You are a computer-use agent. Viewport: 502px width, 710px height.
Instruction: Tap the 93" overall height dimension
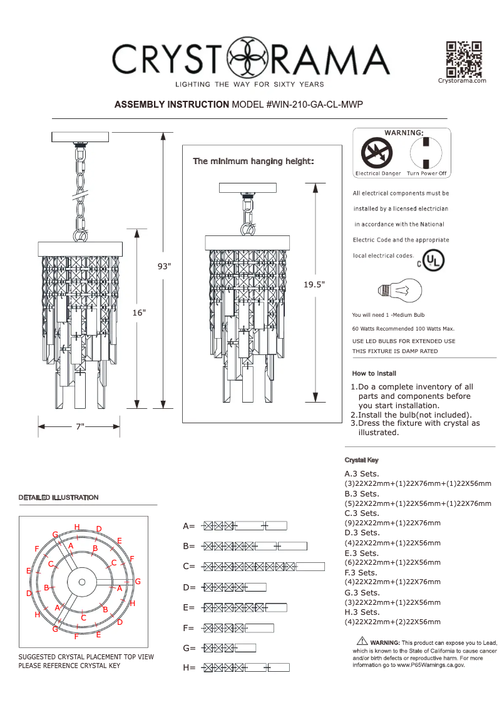point(164,266)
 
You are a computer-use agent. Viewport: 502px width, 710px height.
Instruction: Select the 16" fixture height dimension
point(139,312)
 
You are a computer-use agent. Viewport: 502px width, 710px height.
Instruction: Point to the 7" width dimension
point(79,426)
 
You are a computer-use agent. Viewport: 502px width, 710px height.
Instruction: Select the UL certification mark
point(433,260)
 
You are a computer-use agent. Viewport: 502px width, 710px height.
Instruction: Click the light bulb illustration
point(401,290)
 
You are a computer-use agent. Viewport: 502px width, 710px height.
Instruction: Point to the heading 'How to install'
point(374,374)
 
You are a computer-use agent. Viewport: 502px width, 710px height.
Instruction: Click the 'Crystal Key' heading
point(361,460)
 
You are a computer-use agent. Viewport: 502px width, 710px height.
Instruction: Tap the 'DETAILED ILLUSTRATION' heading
point(58,497)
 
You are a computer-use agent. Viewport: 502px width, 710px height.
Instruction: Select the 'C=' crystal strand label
point(189,567)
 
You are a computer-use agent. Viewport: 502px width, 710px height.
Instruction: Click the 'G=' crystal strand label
point(189,648)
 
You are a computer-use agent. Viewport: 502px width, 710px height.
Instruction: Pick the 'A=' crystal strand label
point(189,526)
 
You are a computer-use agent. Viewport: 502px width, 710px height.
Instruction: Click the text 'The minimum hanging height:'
point(253,162)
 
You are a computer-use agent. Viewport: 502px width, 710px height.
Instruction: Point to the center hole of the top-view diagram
point(82,582)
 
